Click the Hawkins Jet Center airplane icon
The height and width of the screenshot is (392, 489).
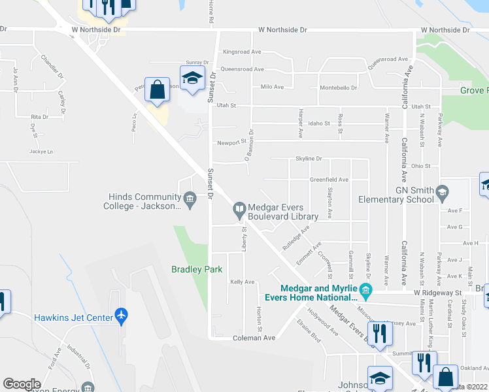pyautogui.click(x=120, y=316)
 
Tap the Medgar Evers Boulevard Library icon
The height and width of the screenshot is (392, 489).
pyautogui.click(x=239, y=209)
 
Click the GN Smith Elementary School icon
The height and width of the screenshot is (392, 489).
pyautogui.click(x=443, y=191)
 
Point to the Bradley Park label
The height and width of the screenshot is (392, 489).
pyautogui.click(x=197, y=269)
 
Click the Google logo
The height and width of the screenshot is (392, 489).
pyautogui.click(x=22, y=384)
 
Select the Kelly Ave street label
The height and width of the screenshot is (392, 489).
pyautogui.click(x=242, y=282)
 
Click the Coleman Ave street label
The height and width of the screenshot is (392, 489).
pyautogui.click(x=254, y=338)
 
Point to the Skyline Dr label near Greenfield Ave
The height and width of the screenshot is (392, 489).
pyautogui.click(x=309, y=159)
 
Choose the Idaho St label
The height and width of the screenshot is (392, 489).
pyautogui.click(x=320, y=123)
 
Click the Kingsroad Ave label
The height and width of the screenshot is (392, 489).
pyautogui.click(x=242, y=52)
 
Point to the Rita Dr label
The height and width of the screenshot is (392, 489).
pyautogui.click(x=40, y=116)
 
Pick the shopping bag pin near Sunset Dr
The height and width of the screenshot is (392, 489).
pyautogui.click(x=158, y=90)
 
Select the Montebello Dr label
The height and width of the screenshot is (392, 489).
pyautogui.click(x=338, y=88)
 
